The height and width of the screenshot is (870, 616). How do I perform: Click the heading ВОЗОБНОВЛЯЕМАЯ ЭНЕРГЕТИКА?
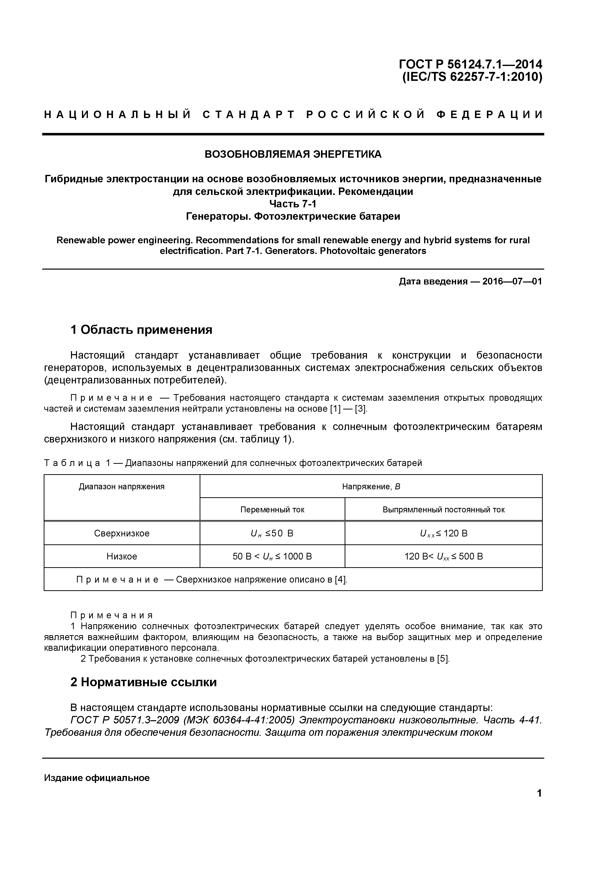(x=293, y=154)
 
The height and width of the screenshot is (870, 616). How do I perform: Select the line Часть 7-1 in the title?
(x=293, y=204)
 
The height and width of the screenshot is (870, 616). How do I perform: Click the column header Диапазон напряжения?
(x=122, y=487)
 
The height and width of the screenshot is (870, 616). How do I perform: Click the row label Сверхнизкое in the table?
(x=122, y=533)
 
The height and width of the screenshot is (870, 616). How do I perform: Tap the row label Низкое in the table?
(x=122, y=556)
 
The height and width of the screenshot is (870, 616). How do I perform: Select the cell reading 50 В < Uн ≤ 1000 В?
(x=272, y=556)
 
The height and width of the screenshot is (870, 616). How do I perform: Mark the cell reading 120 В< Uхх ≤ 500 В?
(x=443, y=556)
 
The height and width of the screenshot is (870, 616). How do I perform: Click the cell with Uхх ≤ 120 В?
(x=443, y=533)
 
